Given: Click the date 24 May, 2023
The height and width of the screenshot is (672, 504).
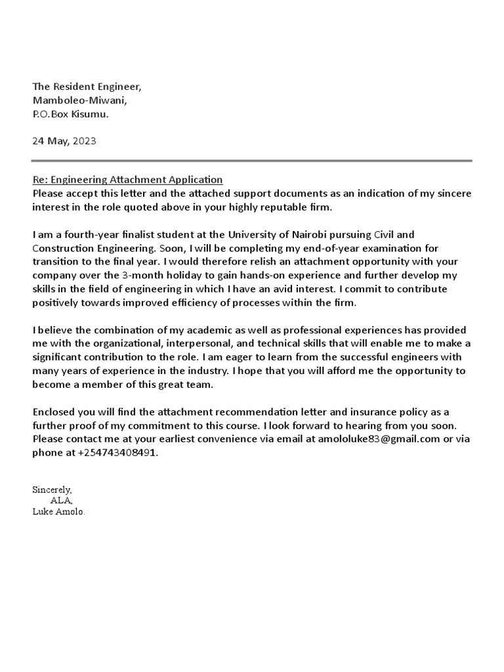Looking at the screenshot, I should pyautogui.click(x=64, y=141).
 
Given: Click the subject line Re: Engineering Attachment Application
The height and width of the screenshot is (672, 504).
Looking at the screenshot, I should pyautogui.click(x=128, y=179).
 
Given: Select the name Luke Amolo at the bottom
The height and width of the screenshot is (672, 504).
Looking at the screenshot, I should pyautogui.click(x=58, y=511).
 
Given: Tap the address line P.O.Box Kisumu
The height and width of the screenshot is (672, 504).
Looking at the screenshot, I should pyautogui.click(x=71, y=114).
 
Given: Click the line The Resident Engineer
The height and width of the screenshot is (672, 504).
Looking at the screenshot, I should pyautogui.click(x=87, y=87).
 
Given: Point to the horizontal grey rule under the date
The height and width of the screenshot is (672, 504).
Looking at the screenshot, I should pyautogui.click(x=251, y=160).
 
